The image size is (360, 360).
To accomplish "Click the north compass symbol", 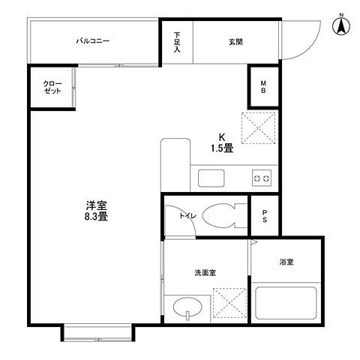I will [340, 25].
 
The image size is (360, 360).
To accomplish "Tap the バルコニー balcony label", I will [93, 42].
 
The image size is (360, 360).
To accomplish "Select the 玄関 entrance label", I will [235, 42].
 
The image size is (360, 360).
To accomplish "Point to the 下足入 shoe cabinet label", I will [178, 42].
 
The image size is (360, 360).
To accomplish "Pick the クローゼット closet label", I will [52, 87].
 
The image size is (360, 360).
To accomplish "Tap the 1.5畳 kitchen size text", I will [221, 148].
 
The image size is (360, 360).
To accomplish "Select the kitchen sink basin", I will [209, 178].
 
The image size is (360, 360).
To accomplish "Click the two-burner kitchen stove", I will [262, 178].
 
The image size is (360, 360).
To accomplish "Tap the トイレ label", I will [187, 216].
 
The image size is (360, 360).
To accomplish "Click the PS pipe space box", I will [265, 216].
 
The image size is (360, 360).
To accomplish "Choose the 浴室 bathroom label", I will [286, 262].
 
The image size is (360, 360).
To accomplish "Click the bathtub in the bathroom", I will [287, 303].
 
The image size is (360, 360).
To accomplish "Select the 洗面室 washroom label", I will [205, 273].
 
